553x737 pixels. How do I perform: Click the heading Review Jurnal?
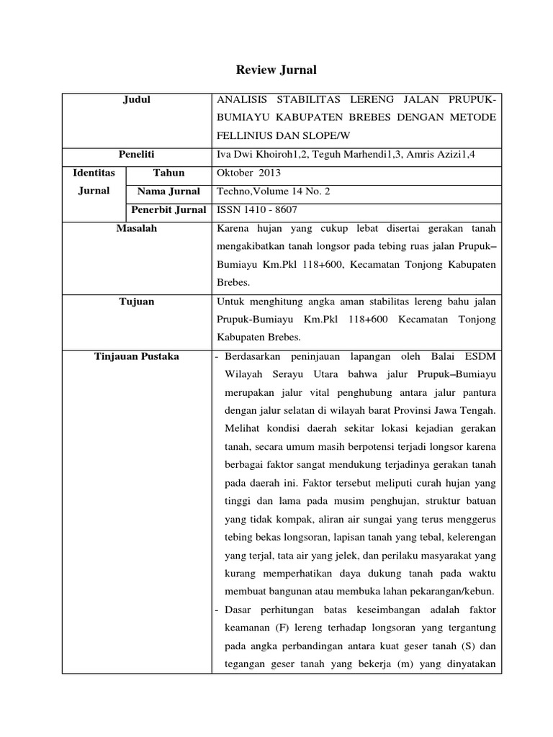[x=276, y=70]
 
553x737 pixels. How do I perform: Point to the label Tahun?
[x=168, y=173]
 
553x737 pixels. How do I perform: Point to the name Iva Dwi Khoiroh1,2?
[x=258, y=154]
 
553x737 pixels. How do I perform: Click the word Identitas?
[x=94, y=173]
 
